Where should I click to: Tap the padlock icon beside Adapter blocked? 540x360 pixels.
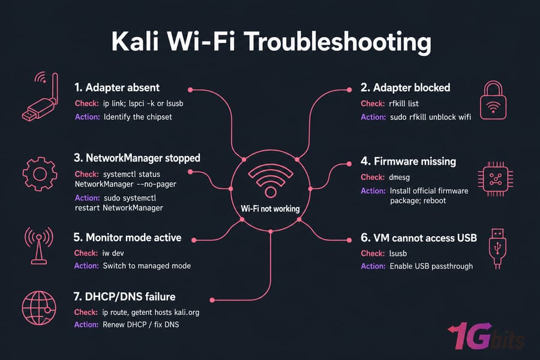pyautogui.click(x=493, y=100)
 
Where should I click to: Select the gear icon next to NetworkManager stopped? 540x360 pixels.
pyautogui.click(x=40, y=174)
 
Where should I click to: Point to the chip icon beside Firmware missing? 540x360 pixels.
pyautogui.click(x=496, y=179)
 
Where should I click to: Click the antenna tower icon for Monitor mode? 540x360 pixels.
pyautogui.click(x=38, y=245)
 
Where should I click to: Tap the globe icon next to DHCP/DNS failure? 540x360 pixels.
pyautogui.click(x=39, y=308)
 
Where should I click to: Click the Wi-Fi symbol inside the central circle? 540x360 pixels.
pyautogui.click(x=271, y=181)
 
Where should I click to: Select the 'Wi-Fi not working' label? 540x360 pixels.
pyautogui.click(x=271, y=209)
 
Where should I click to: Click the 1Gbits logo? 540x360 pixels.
pyautogui.click(x=485, y=337)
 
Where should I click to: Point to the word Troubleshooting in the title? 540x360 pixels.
pyautogui.click(x=338, y=42)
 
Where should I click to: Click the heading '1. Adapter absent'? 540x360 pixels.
pyautogui.click(x=117, y=88)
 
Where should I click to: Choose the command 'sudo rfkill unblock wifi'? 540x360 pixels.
pyautogui.click(x=430, y=117)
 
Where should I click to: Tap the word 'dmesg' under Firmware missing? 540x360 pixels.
pyautogui.click(x=400, y=178)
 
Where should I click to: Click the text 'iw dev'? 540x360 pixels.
pyautogui.click(x=113, y=253)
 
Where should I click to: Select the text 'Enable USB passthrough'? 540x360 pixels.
pyautogui.click(x=431, y=266)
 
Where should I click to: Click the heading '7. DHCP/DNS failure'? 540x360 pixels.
pyautogui.click(x=124, y=296)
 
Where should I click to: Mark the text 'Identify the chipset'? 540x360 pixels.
pyautogui.click(x=138, y=117)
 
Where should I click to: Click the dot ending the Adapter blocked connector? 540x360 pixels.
pyautogui.click(x=349, y=89)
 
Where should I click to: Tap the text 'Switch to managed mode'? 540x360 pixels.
pyautogui.click(x=147, y=266)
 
